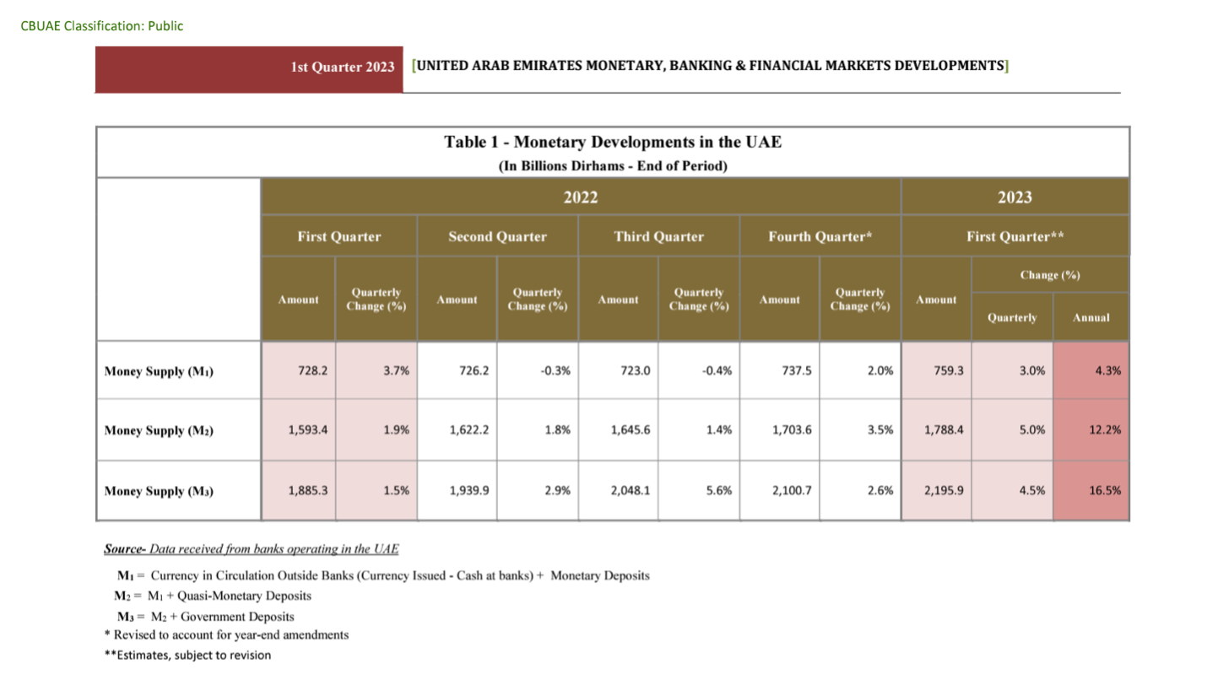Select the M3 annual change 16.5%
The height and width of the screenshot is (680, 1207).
pos(1104,490)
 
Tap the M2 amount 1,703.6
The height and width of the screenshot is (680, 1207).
pos(791,430)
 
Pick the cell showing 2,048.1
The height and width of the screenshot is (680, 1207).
pos(629,490)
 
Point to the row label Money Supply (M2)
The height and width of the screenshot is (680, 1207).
pos(159,430)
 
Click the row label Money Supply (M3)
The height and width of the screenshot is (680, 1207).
pos(159,490)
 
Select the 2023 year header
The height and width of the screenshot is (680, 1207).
pos(1015,197)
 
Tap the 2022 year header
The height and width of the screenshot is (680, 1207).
pos(581,197)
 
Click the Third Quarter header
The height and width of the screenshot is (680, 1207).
pos(658,237)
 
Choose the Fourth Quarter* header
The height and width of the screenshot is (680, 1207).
pos(819,237)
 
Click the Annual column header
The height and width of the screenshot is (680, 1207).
pos(1091,318)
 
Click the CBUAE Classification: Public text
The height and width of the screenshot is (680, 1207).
pos(102,26)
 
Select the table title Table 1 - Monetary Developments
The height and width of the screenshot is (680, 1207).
pos(613,142)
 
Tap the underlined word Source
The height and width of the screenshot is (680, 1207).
pos(123,549)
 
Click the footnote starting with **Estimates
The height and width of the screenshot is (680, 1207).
pos(193,655)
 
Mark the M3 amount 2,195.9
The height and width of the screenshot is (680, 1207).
pos(944,490)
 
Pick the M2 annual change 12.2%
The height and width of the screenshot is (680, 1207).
pos(1104,430)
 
